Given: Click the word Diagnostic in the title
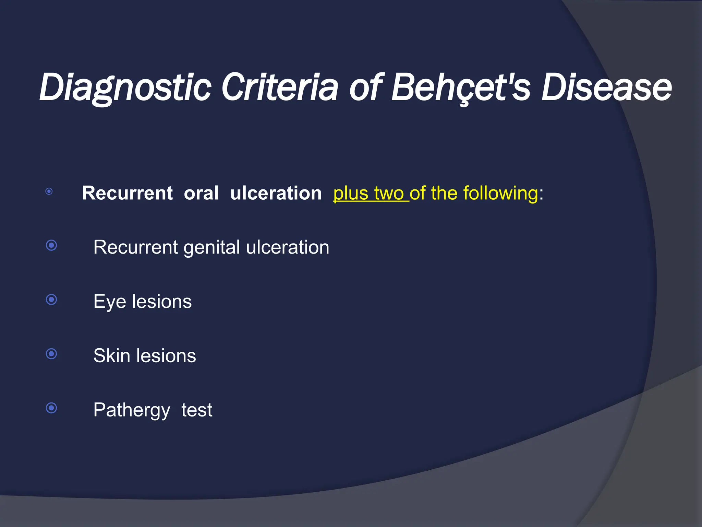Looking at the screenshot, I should point(125,87).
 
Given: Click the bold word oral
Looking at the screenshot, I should point(201,193).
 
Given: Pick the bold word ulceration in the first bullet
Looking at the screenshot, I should point(276,193).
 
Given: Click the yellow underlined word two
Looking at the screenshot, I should point(389,193).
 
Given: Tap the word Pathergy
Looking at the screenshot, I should point(132,410).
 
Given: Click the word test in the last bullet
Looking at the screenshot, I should point(197,410).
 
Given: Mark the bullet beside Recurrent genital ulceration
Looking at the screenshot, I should point(51,245).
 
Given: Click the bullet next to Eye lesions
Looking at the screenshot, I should point(51,300).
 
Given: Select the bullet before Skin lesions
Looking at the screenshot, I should point(51,354).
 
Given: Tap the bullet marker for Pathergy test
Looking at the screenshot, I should point(51,408).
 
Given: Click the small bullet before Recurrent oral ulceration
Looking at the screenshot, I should point(49,191).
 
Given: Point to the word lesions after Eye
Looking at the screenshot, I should point(162,302).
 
